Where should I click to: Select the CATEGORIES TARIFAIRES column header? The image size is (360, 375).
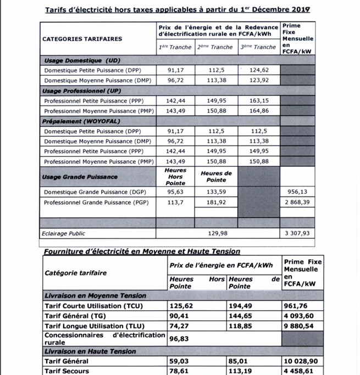point(82,39)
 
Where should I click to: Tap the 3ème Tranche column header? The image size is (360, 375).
point(258,47)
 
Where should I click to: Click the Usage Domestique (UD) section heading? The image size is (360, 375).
point(81,60)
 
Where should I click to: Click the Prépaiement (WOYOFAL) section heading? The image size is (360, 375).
point(81,121)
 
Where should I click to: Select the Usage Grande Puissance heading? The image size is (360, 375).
point(80,177)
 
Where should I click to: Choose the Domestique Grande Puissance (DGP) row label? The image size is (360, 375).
point(94,192)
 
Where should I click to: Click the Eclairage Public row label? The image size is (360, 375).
point(64,233)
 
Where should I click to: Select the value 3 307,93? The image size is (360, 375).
point(298,233)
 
